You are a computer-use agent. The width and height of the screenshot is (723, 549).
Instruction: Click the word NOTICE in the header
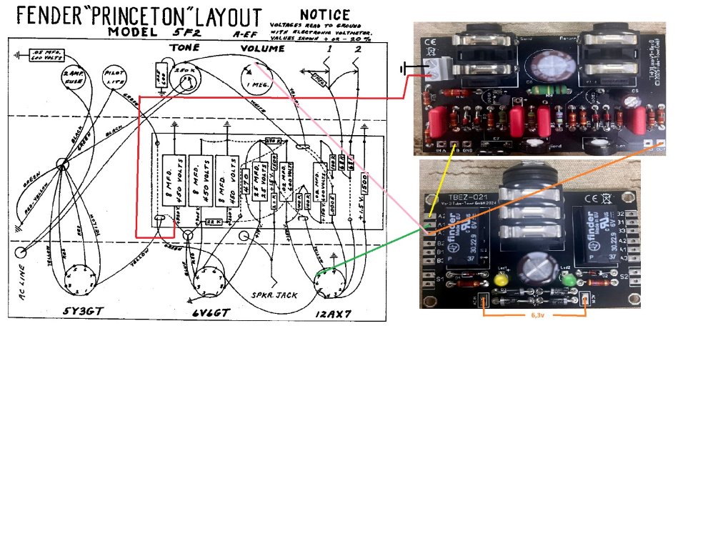click(325, 15)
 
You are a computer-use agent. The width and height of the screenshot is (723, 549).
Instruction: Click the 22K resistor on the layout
click(214, 222)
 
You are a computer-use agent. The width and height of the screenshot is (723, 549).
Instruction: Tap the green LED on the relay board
click(569, 280)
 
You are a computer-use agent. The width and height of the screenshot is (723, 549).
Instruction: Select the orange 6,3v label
click(534, 314)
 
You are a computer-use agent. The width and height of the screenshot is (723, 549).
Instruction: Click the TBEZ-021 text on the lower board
click(467, 197)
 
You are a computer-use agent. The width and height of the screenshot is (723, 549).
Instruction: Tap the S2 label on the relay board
click(623, 276)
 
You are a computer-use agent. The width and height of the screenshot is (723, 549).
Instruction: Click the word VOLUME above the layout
click(262, 49)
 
